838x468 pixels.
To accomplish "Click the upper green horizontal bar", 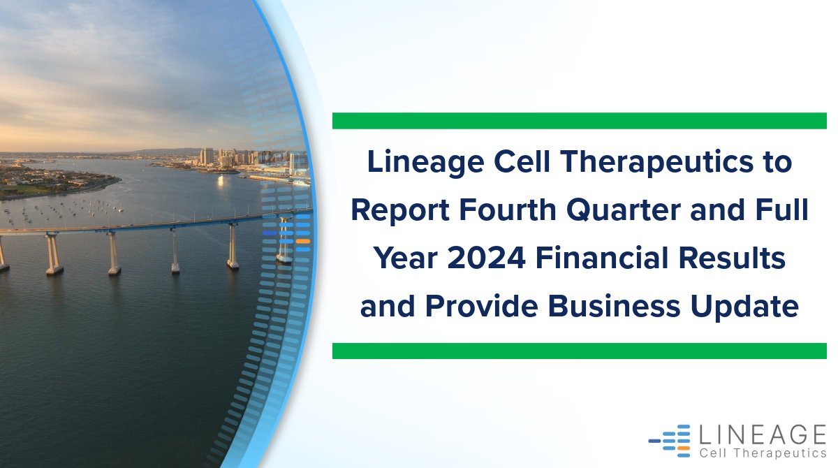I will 579,121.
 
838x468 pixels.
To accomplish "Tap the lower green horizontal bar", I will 579,351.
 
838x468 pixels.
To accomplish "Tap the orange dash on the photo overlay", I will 302,241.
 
